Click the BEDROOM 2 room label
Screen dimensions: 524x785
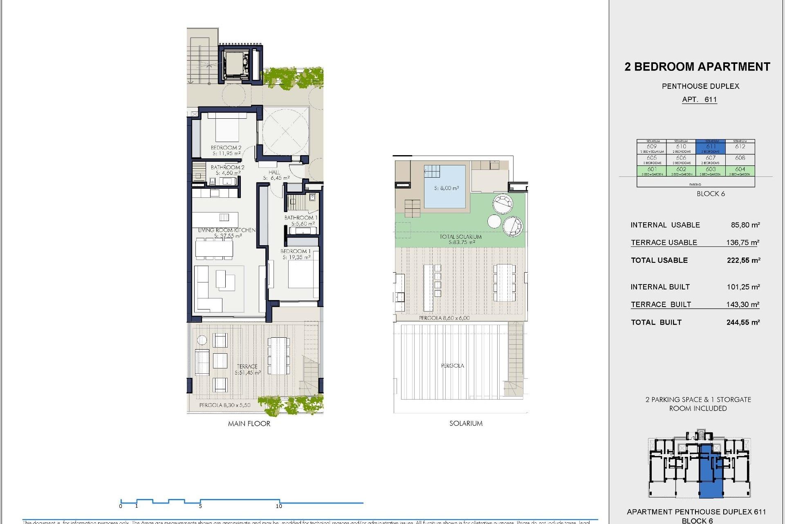226,147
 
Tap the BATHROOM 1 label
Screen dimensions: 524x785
301,218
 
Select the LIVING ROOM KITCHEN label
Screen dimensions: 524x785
227,230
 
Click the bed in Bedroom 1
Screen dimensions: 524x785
303,274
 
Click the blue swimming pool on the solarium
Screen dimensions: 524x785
445,187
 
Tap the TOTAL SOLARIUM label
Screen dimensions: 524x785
460,237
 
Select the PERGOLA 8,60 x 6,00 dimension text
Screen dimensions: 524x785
444,318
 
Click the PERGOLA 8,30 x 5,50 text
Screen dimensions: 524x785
225,405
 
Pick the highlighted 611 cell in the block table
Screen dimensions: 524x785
711,147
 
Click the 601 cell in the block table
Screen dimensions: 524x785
652,170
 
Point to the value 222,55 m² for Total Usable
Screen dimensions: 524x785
743,260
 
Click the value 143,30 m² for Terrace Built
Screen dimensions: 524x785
742,304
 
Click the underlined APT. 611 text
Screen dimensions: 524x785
699,99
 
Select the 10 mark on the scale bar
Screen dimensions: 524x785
279,506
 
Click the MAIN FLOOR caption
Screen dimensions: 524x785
249,424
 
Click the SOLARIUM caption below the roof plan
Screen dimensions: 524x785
466,423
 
